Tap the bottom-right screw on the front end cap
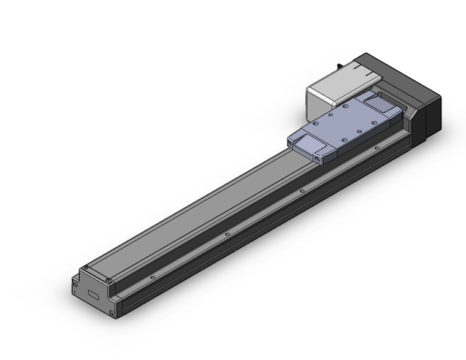(x=112, y=314)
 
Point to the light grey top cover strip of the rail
(x=202, y=202)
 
